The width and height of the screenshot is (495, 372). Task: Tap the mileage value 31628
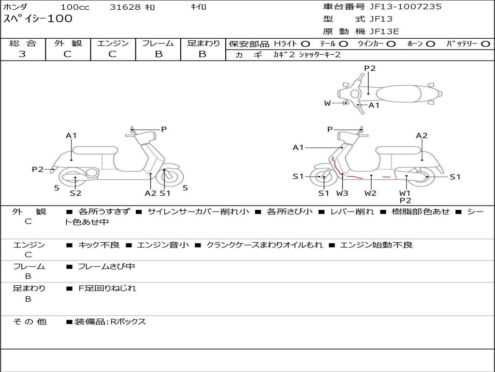pos(125,7)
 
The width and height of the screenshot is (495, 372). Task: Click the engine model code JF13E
pos(384,31)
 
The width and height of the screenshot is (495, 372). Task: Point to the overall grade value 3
pos(22,54)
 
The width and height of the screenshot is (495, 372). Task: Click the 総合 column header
pos(23,43)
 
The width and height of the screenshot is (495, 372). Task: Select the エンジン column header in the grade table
pos(113,43)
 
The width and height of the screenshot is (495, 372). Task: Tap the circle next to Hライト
pos(306,44)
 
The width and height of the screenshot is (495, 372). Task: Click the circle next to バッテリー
pos(485,44)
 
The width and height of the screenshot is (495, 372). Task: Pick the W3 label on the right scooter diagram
pos(342,193)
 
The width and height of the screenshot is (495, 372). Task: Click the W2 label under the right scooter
pos(371,193)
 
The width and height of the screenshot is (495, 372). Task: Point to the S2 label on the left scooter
pos(75,193)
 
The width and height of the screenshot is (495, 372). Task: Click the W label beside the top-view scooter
pos(327,103)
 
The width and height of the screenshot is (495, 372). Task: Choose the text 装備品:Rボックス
pos(110,322)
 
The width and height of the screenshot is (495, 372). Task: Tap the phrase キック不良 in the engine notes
pos(99,245)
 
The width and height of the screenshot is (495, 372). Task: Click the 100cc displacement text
pos(73,7)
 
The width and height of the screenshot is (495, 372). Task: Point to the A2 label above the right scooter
pos(422,136)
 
